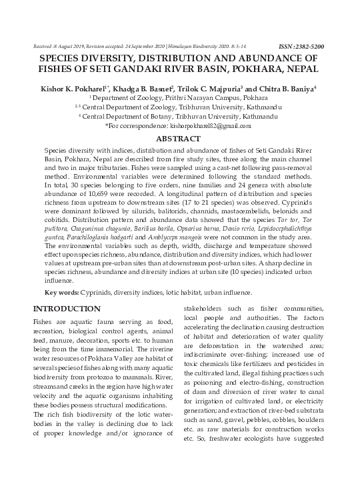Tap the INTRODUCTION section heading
coord(67,309)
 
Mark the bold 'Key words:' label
coord(61,293)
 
